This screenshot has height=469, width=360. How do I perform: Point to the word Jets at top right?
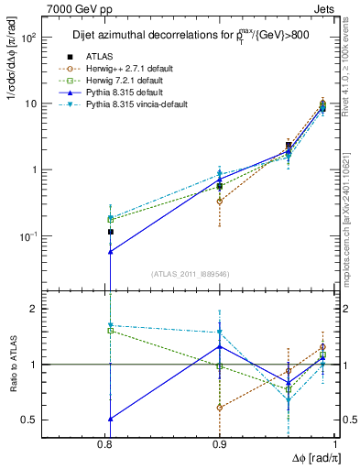point(323,8)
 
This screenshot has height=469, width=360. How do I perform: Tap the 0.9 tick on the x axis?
point(220,445)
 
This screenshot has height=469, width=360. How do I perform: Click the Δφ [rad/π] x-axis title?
point(312,459)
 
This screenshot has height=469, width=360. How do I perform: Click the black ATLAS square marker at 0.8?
point(111,232)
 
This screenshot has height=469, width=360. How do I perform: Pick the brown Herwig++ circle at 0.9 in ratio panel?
point(220,407)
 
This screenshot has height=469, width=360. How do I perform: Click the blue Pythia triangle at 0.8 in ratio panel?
point(111,419)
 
